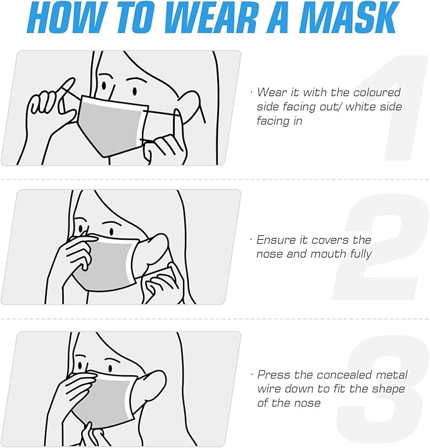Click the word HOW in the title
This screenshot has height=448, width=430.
point(66,18)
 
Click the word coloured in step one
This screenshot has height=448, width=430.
point(377,92)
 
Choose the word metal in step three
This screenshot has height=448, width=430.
point(392,375)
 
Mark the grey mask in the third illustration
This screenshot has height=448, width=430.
point(106,400)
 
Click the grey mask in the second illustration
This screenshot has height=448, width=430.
point(106,263)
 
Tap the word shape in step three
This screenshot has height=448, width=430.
point(388,389)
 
